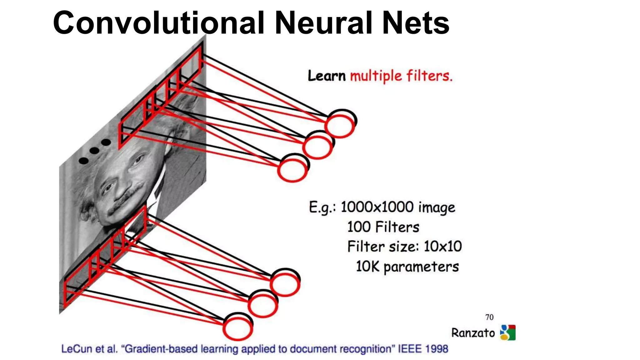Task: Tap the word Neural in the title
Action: [323, 23]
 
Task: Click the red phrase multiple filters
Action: [401, 76]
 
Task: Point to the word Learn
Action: [327, 76]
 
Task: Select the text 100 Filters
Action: [383, 227]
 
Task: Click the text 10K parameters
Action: [407, 267]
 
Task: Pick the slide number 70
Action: [489, 317]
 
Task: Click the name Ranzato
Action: [473, 333]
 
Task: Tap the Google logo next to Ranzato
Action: [508, 332]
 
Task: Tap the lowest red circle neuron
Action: [237, 328]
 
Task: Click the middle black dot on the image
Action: [94, 151]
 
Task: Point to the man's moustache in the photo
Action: [125, 200]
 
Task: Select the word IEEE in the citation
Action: [409, 349]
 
